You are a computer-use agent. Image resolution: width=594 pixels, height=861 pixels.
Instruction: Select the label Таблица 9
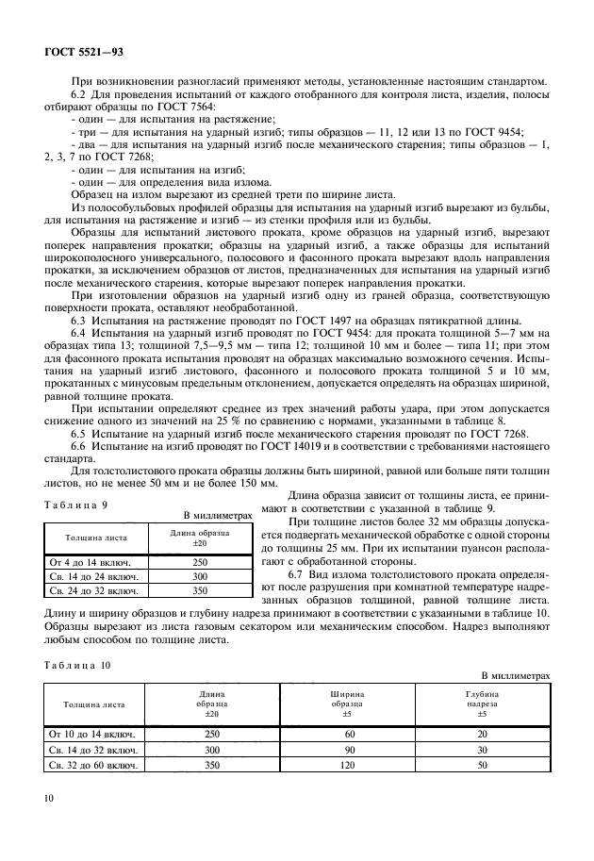[74, 506]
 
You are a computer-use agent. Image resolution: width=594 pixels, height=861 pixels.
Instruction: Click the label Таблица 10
[76, 666]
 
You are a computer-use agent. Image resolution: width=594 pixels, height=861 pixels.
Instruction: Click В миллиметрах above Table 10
[515, 675]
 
